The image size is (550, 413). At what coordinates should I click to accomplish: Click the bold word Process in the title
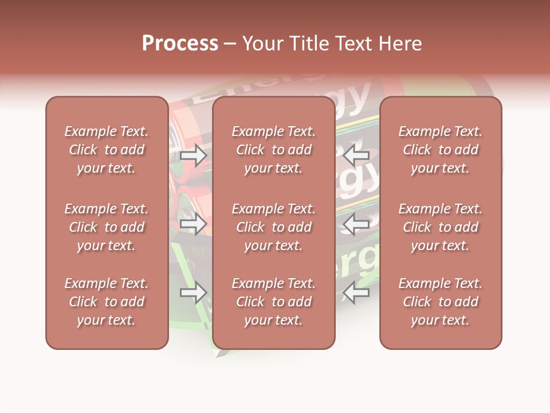tap(180, 44)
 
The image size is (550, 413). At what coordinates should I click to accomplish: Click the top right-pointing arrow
tap(194, 155)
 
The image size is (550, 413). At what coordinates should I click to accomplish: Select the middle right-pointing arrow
tap(194, 224)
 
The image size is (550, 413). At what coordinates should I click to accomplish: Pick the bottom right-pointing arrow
tap(194, 293)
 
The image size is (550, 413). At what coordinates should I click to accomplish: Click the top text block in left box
tap(107, 150)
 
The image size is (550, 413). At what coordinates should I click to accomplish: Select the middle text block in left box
tap(107, 227)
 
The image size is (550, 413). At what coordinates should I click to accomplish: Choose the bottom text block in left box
tap(107, 302)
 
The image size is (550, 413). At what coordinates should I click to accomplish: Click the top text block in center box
tap(274, 150)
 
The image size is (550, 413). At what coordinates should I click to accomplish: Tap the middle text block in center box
tap(274, 227)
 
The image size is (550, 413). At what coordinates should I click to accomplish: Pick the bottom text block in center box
tap(274, 302)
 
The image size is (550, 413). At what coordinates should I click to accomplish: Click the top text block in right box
tap(441, 150)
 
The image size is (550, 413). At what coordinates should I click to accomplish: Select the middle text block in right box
tap(441, 227)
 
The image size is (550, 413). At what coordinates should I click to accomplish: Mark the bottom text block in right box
tap(441, 302)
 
